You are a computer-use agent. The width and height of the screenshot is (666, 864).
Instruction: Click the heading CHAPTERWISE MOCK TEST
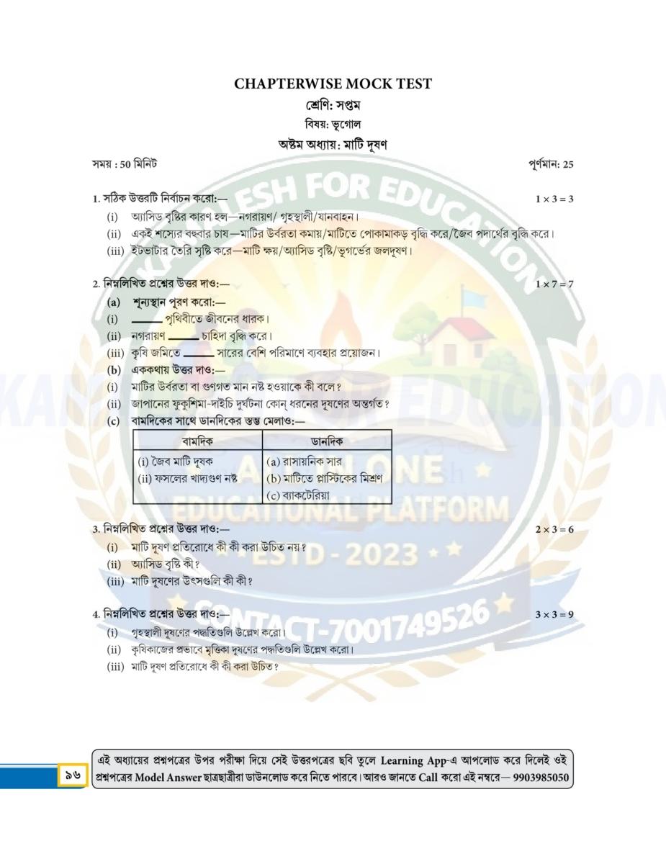pos(333,84)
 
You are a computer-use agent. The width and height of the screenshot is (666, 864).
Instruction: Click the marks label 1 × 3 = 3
pos(554,198)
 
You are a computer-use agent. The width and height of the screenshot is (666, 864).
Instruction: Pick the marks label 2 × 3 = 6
pos(554,529)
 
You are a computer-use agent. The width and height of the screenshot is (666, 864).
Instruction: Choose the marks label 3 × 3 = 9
pos(554,614)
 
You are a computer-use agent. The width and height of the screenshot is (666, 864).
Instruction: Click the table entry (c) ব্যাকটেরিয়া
pos(298,495)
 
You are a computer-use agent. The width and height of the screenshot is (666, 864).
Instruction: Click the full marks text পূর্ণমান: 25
pos(550,164)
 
